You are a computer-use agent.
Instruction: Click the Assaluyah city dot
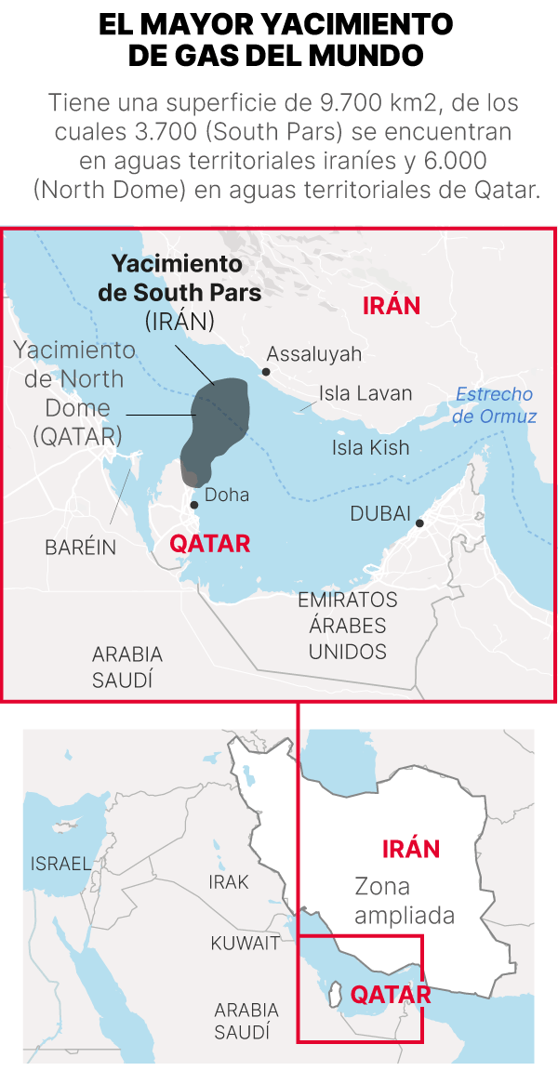265,372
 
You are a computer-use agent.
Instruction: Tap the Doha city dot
194,505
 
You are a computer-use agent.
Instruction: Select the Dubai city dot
419,523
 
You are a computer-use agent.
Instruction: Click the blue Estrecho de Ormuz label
494,405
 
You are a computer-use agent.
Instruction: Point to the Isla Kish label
370,448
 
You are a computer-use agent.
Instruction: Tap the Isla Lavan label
365,393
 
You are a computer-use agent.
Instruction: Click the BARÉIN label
81,548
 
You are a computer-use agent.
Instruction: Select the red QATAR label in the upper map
210,544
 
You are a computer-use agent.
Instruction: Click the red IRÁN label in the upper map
392,306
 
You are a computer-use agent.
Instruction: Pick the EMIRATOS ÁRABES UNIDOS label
348,626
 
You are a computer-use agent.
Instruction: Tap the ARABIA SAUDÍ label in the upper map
126,667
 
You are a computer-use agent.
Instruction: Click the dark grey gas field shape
217,423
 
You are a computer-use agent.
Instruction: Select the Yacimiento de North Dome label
74,393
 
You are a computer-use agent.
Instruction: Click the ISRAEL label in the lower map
61,864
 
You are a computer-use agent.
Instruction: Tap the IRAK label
229,882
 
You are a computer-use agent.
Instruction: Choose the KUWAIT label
245,944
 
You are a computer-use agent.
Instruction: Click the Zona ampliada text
405,901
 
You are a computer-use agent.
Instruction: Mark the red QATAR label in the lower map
391,996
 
